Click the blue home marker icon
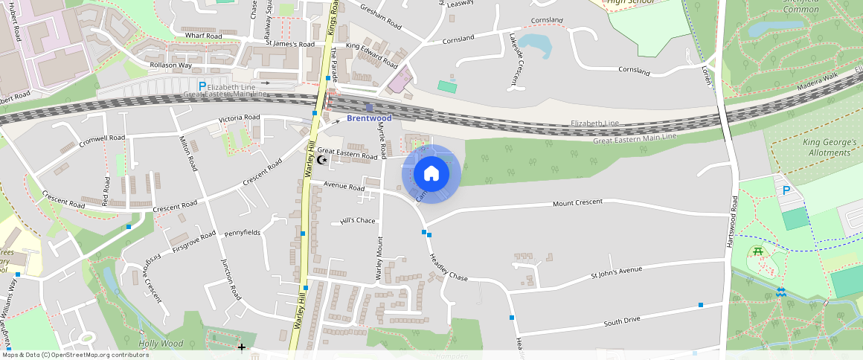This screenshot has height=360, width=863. (431, 174)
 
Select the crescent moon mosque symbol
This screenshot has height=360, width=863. (322, 159)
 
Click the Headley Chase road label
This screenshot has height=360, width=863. (449, 268)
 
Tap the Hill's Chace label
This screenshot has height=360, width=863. (357, 220)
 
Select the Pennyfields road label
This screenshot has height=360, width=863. (243, 232)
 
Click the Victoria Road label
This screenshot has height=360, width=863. (239, 118)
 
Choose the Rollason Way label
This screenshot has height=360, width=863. (170, 65)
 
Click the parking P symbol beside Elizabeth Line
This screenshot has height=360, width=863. (202, 87)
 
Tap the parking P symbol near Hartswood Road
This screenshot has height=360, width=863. (786, 190)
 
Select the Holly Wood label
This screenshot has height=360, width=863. (161, 344)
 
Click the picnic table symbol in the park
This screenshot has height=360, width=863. (758, 251)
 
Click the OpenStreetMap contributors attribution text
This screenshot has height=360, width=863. (74, 355)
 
